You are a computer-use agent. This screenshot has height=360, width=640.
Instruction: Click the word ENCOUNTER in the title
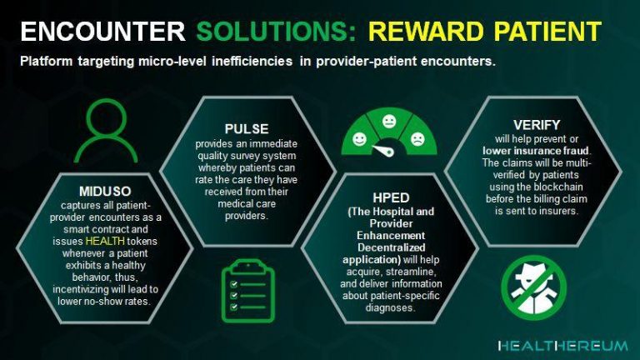click(102, 32)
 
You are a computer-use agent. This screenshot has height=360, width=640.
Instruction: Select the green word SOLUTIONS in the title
click(277, 32)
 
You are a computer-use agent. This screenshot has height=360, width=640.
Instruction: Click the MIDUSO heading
click(105, 192)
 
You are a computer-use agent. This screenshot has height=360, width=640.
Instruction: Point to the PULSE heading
click(247, 129)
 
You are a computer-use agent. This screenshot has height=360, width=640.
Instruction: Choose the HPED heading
click(391, 198)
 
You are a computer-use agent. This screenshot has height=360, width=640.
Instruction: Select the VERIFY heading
click(537, 125)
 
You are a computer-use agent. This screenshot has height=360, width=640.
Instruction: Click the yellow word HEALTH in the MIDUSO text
click(105, 241)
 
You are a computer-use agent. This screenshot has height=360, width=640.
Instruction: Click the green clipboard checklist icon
click(248, 291)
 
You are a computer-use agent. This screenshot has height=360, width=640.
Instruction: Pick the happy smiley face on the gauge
click(360, 139)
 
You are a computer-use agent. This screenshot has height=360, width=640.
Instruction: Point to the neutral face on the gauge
click(389, 121)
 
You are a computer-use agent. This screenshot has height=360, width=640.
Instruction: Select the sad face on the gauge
click(417, 139)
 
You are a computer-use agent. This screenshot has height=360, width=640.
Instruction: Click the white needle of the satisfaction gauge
click(383, 150)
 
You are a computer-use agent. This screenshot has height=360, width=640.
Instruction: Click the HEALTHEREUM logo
click(563, 346)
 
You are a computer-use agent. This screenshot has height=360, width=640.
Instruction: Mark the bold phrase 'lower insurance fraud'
click(537, 151)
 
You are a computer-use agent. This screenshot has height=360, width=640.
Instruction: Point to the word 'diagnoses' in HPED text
click(390, 307)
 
